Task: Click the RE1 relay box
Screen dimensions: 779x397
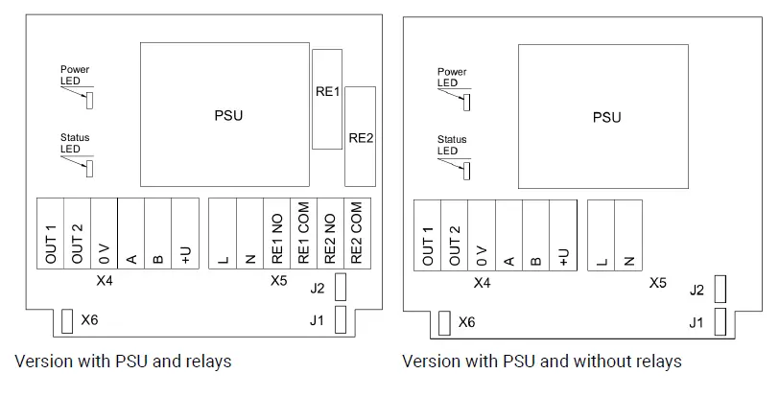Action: (327, 99)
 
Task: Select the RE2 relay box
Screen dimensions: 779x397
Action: (360, 136)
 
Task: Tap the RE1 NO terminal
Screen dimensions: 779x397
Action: (276, 234)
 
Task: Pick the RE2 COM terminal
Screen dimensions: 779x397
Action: (358, 234)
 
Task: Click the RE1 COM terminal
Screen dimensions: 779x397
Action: (303, 234)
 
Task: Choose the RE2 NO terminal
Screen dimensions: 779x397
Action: (330, 234)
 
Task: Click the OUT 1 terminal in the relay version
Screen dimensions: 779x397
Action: (50, 234)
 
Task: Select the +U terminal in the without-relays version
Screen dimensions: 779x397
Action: (563, 236)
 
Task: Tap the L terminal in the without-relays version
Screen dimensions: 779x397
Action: (602, 236)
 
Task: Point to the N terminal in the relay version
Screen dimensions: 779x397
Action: (249, 234)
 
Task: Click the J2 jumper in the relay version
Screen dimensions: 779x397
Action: (341, 287)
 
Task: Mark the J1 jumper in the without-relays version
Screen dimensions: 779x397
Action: (720, 322)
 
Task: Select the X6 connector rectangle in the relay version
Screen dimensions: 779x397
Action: (66, 321)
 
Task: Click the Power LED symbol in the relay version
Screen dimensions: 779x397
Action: (90, 100)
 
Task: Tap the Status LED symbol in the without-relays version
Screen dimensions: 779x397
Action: (466, 171)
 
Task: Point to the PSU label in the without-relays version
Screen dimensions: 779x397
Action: (606, 118)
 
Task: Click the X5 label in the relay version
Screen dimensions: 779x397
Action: (279, 281)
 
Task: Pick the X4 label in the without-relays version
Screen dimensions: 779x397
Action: (482, 283)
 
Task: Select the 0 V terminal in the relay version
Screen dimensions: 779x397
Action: (105, 234)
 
